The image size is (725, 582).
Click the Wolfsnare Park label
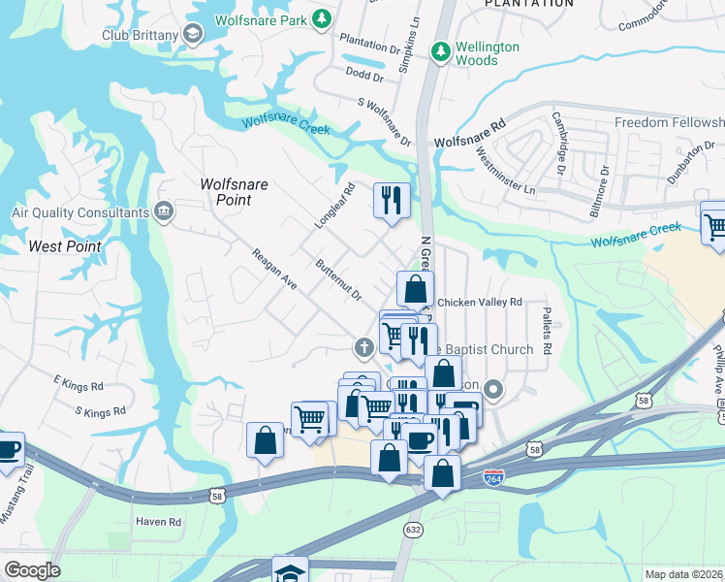pyautogui.click(x=257, y=18)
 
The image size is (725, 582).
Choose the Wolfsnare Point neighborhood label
pyautogui.click(x=225, y=192)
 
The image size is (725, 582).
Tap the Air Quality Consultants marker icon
pyautogui.click(x=163, y=211)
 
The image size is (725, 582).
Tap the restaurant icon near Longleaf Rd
pyautogui.click(x=392, y=201)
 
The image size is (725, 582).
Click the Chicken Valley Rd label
pyautogui.click(x=480, y=303)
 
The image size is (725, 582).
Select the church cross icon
pyautogui.click(x=363, y=346)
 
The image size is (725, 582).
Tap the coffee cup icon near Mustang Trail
pyautogui.click(x=8, y=450)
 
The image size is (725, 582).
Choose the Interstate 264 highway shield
pyautogui.click(x=493, y=477)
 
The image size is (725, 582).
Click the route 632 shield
pyautogui.click(x=414, y=530)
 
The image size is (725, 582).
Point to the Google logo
pyautogui.click(x=32, y=570)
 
